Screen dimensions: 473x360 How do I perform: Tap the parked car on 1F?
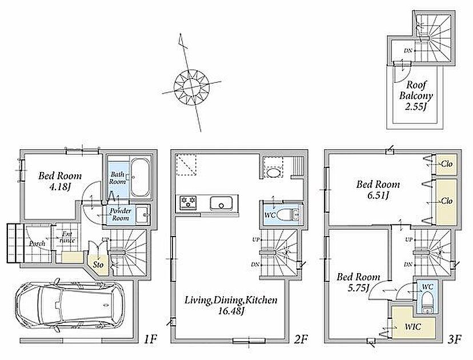point(70,305)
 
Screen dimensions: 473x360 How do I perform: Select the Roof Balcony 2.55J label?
point(416,95)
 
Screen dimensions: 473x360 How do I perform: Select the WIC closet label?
point(412,326)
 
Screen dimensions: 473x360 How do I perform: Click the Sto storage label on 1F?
point(98,265)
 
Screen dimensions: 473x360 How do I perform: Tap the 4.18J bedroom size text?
point(60,187)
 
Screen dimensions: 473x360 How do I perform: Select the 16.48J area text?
point(231,311)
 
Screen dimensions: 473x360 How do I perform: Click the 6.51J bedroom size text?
point(378,195)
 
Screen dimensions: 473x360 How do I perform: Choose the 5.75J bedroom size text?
point(359,288)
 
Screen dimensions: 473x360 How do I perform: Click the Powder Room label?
point(120,214)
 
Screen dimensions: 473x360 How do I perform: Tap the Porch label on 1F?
point(37,243)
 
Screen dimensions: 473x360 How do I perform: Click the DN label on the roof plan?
point(408,51)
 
